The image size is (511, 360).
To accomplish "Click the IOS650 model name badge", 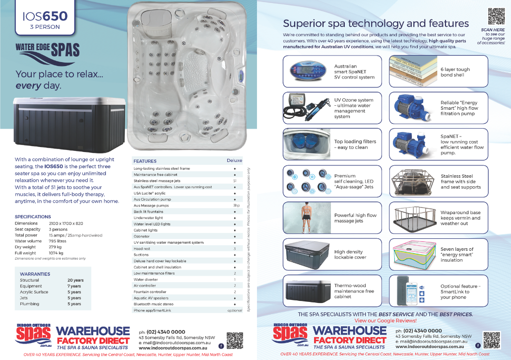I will click(45, 19).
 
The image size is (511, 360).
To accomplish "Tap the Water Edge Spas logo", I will click(48, 51).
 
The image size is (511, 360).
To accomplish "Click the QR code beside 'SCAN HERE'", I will click(496, 17).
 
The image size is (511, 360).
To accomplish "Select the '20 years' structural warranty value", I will click(75, 281).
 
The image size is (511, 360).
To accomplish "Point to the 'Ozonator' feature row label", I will click(142, 236).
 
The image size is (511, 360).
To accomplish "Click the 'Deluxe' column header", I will click(234, 161).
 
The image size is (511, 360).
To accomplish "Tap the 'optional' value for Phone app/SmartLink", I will click(234, 310).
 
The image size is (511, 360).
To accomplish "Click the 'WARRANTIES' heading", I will click(35, 274).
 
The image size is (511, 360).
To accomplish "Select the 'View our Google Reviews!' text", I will click(385, 321).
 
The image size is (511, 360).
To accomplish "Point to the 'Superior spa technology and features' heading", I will click(375, 23).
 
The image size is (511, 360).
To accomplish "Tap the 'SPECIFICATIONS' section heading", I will click(33, 217).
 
